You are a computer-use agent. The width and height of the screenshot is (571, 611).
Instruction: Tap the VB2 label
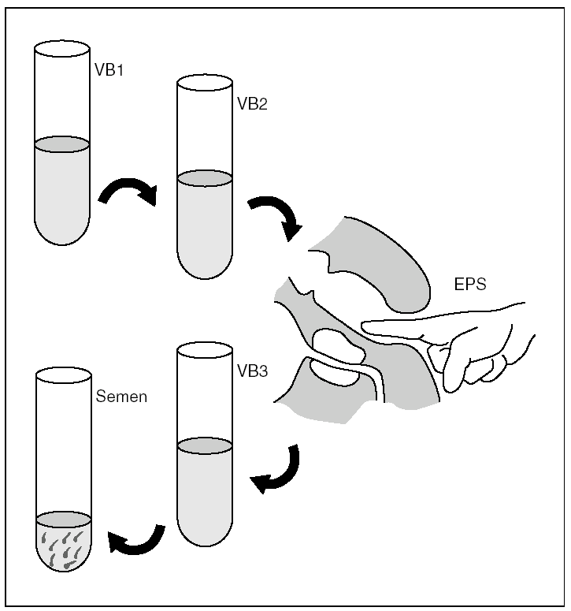click(252, 103)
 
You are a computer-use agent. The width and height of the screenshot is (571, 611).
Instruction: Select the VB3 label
click(252, 370)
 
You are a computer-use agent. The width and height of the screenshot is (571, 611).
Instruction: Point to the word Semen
click(121, 397)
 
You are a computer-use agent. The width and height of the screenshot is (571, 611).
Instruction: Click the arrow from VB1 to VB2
click(129, 189)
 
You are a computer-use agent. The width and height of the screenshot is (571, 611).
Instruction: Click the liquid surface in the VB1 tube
click(62, 144)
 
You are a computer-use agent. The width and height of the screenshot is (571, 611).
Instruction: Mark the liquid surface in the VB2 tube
click(205, 178)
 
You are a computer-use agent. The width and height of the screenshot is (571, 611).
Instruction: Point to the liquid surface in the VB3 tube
click(205, 446)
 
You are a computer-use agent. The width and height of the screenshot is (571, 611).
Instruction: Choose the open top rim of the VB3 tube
click(205, 350)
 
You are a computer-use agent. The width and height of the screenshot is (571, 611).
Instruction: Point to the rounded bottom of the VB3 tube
click(205, 535)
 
